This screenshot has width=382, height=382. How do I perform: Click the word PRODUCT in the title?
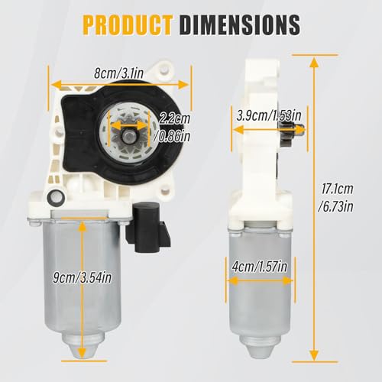pos(128,24)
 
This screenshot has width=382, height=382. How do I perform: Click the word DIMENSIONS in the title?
pos(240,24)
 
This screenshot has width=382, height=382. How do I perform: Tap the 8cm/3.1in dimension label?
pos(118,73)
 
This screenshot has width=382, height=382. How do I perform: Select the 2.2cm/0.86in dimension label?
pos(173,128)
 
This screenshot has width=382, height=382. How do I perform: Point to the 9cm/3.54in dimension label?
pos(83,277)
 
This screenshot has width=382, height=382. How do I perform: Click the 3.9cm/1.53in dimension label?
pos(269,115)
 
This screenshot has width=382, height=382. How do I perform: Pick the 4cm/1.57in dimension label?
pos(260,267)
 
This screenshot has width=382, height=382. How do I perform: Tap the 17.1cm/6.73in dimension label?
pos(336,198)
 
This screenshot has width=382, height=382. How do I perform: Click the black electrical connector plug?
pos(147,227)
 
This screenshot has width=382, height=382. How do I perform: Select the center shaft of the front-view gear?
pos(128,134)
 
